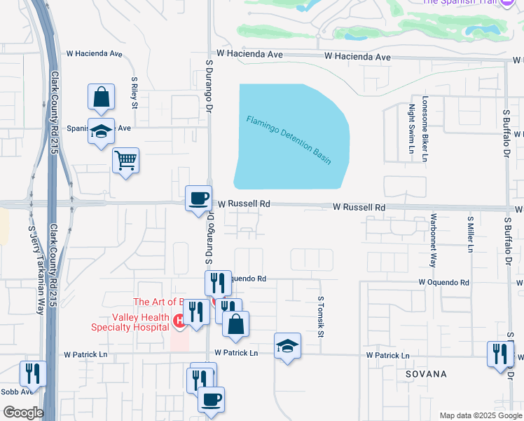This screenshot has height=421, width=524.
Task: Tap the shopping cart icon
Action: pos(126,161)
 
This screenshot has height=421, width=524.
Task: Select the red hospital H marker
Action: pos(179,321)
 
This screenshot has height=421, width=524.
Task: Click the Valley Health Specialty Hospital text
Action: pos(131,321)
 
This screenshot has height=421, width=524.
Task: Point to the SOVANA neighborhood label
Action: pos(426,374)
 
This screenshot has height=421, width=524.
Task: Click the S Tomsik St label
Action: pos(321,316)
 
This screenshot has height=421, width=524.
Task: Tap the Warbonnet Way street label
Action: pos(433,241)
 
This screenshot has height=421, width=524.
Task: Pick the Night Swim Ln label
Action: pos(411,128)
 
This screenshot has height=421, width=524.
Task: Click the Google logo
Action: pos(23,413)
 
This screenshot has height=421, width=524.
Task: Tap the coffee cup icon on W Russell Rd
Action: pos(198,198)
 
